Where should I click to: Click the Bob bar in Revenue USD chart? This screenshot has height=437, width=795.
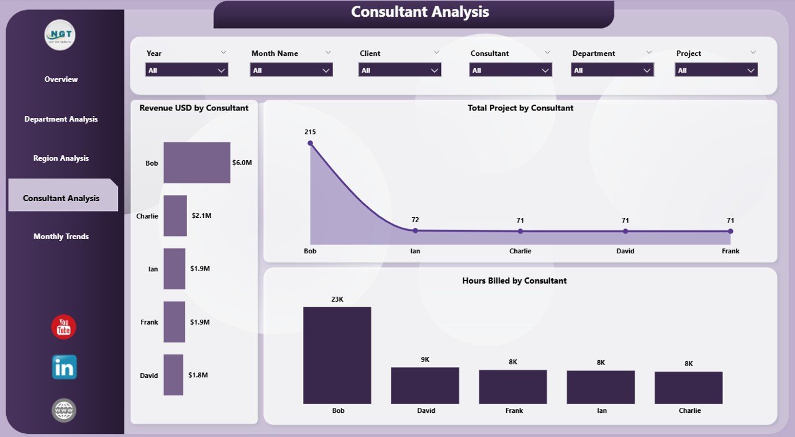click(x=196, y=163)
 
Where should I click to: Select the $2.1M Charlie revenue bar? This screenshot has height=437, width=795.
click(x=175, y=215)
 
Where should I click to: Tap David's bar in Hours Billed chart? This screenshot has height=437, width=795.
click(x=425, y=385)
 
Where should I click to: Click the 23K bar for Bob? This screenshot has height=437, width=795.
click(x=337, y=355)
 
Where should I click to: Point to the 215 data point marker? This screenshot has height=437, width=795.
click(x=311, y=143)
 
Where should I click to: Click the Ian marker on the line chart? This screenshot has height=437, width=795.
click(x=415, y=230)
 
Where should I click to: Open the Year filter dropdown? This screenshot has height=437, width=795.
click(x=187, y=70)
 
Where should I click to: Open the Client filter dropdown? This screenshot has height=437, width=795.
click(x=399, y=70)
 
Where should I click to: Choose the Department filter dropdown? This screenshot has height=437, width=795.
click(x=612, y=70)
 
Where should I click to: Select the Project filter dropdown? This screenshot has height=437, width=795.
click(x=715, y=70)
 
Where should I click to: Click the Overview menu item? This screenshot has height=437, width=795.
click(x=61, y=79)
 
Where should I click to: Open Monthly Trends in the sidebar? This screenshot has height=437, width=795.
click(x=61, y=237)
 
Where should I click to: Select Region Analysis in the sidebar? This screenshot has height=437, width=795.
click(x=61, y=158)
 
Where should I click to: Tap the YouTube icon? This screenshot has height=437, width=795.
click(x=63, y=327)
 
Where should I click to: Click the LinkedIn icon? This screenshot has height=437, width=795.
click(x=64, y=367)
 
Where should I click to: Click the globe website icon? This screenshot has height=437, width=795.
click(x=64, y=410)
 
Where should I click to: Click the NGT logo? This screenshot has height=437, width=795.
click(x=60, y=35)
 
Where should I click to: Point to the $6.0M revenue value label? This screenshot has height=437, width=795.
click(x=242, y=163)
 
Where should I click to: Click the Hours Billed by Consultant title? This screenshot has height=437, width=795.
click(x=514, y=281)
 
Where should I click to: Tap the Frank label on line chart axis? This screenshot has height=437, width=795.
click(x=730, y=251)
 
